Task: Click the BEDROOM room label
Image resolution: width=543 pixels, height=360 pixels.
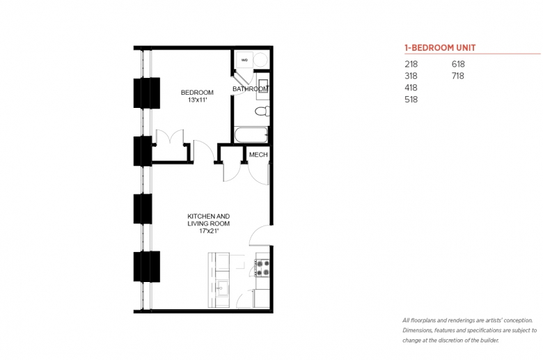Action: (x=197, y=93)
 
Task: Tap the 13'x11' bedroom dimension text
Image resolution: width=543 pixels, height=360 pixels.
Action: (x=198, y=100)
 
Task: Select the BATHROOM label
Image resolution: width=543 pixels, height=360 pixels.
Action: (x=250, y=89)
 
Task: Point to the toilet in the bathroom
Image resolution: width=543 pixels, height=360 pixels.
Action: (x=262, y=111)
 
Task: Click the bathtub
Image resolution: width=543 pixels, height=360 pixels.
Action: (x=251, y=135)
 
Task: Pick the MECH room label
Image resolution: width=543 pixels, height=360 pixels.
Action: (x=258, y=155)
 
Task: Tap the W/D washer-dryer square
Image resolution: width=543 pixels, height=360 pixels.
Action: (x=244, y=60)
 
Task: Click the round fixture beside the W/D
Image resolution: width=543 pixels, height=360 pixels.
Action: (x=260, y=60)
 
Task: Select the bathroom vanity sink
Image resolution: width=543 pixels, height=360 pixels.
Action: (x=263, y=85)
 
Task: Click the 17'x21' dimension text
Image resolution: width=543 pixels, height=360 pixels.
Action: (x=209, y=231)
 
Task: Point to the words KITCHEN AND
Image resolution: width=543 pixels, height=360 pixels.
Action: (x=208, y=216)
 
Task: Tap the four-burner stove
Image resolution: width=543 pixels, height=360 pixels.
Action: (x=262, y=268)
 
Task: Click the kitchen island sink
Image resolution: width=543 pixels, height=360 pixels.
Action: (x=221, y=288)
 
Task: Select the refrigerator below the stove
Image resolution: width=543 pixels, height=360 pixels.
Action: (x=262, y=298)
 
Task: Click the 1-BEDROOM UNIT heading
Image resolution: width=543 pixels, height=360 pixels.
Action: (x=440, y=48)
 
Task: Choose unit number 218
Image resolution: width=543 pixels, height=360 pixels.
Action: (x=411, y=64)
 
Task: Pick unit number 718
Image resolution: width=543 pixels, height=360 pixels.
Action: (x=458, y=76)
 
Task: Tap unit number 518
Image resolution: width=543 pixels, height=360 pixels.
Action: (x=411, y=100)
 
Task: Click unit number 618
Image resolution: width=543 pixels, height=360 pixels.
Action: (x=458, y=64)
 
